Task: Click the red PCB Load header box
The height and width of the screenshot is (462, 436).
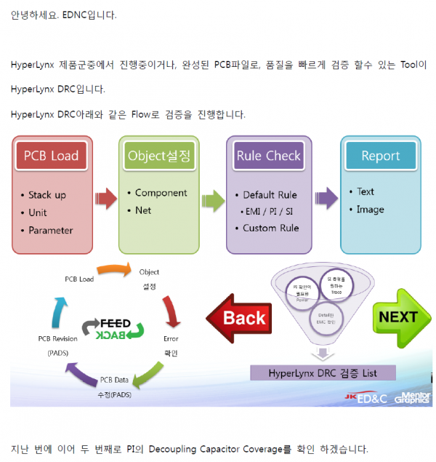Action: click(51, 155)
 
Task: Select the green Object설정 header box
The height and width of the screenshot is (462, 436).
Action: click(158, 155)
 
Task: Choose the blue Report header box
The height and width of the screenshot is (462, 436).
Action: click(380, 156)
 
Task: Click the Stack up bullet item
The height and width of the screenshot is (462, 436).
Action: click(47, 195)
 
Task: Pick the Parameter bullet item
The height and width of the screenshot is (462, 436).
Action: click(50, 230)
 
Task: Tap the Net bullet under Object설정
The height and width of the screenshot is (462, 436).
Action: click(142, 210)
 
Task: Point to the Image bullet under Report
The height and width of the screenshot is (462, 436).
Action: click(370, 210)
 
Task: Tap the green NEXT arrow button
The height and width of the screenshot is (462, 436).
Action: click(400, 317)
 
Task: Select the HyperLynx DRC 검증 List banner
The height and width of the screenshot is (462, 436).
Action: click(323, 373)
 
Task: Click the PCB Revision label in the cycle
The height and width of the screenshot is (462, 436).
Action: click(57, 339)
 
